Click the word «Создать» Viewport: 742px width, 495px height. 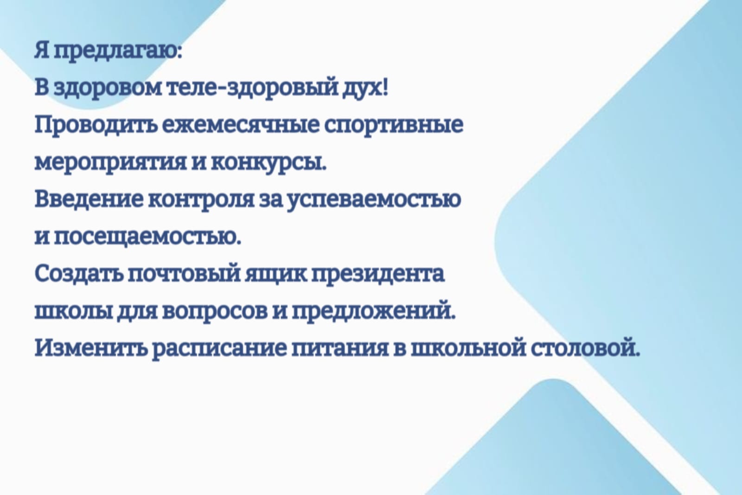(x=79, y=274)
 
